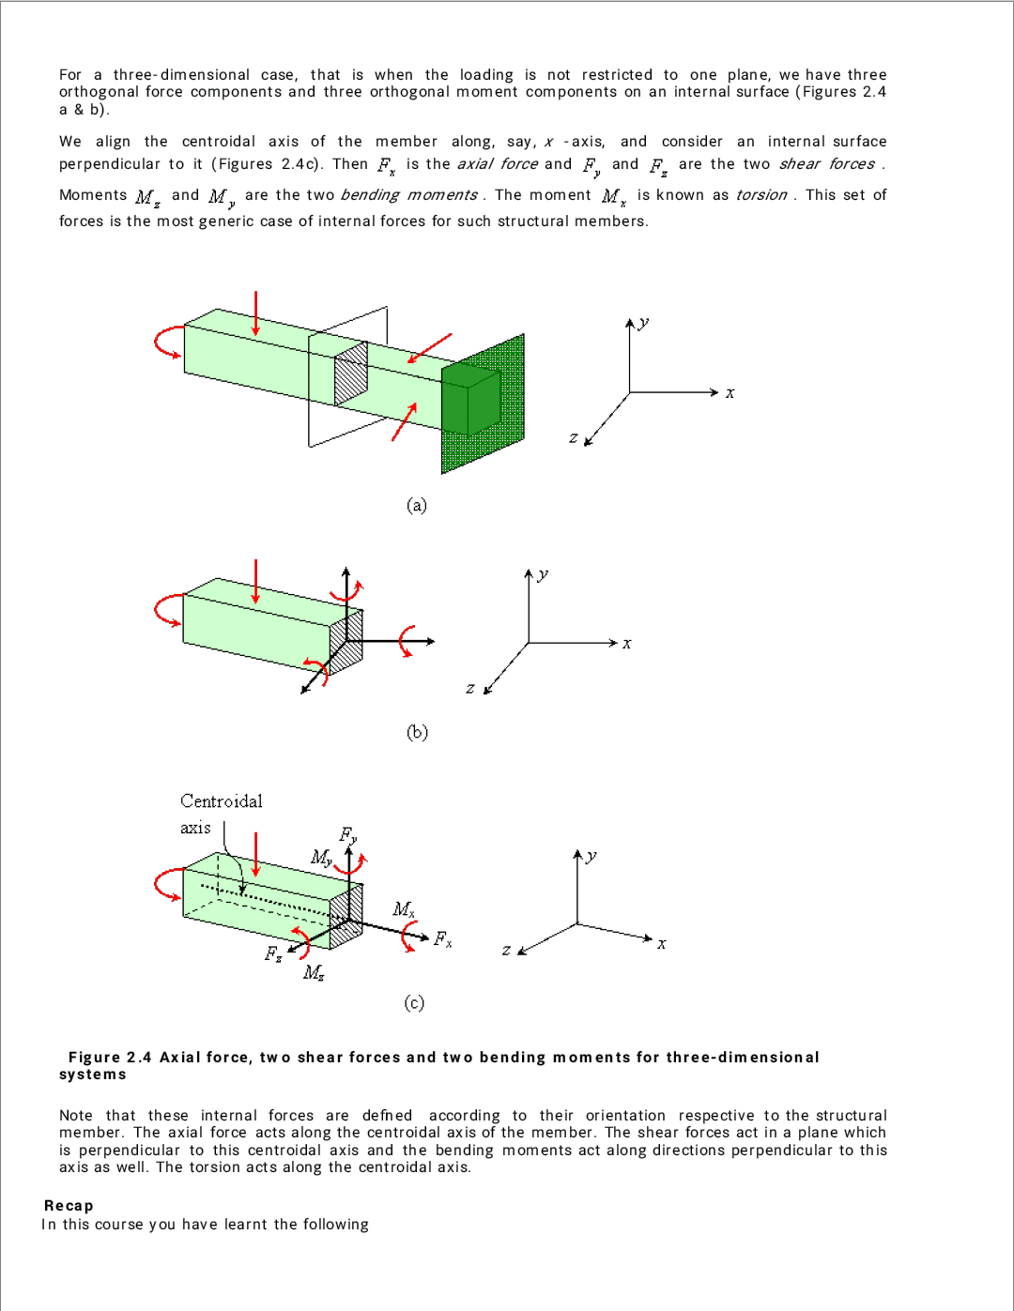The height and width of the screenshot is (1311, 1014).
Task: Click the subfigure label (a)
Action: tap(417, 506)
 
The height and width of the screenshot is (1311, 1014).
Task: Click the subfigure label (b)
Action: tap(417, 732)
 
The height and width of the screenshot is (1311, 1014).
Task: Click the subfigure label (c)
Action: tap(414, 1003)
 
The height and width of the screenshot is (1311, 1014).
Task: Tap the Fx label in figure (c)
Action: tap(442, 938)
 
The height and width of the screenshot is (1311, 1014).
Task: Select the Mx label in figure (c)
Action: tap(404, 908)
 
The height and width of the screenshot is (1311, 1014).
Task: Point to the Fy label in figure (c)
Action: tap(347, 834)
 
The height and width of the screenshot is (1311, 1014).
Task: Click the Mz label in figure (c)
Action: tap(314, 972)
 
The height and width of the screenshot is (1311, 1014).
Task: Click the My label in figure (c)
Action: tap(321, 857)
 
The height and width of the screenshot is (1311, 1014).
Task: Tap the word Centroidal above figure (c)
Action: tap(222, 801)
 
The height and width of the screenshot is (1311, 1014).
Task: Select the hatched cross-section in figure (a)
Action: tap(351, 373)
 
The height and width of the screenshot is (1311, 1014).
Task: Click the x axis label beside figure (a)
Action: tap(730, 393)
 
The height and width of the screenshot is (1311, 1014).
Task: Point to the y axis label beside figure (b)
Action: tap(543, 574)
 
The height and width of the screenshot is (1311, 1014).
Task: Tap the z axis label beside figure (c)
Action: tap(506, 951)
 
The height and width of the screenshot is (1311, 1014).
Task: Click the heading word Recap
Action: tap(69, 1206)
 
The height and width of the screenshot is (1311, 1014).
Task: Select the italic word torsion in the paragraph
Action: tap(760, 195)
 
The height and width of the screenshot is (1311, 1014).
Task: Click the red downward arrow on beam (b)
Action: tap(255, 583)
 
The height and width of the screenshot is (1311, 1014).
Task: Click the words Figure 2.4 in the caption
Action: tap(110, 1058)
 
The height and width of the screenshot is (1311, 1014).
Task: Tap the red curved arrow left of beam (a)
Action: tap(166, 343)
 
